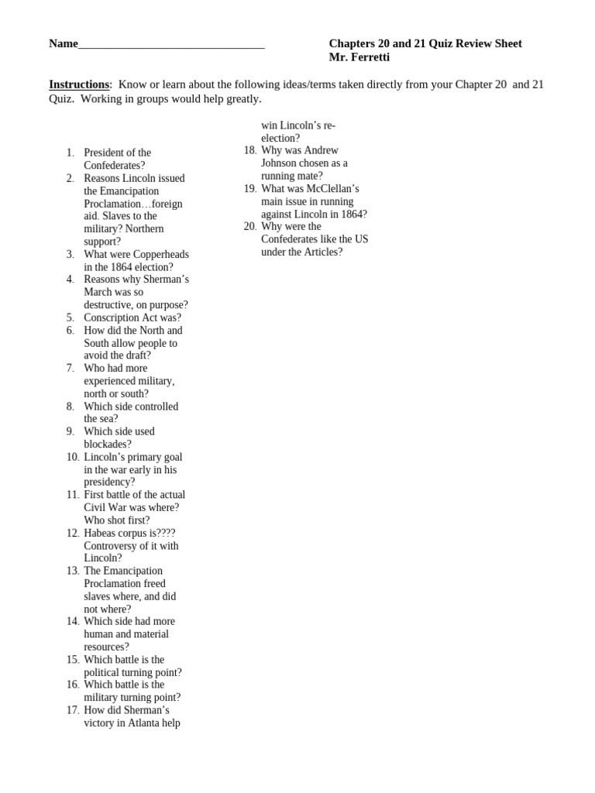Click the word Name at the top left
pyautogui.click(x=64, y=44)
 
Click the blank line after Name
pyautogui.click(x=171, y=46)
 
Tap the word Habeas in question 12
pyautogui.click(x=101, y=533)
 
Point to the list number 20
pyautogui.click(x=249, y=226)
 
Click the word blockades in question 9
pyautogui.click(x=108, y=445)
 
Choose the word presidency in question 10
pyautogui.click(x=109, y=482)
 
